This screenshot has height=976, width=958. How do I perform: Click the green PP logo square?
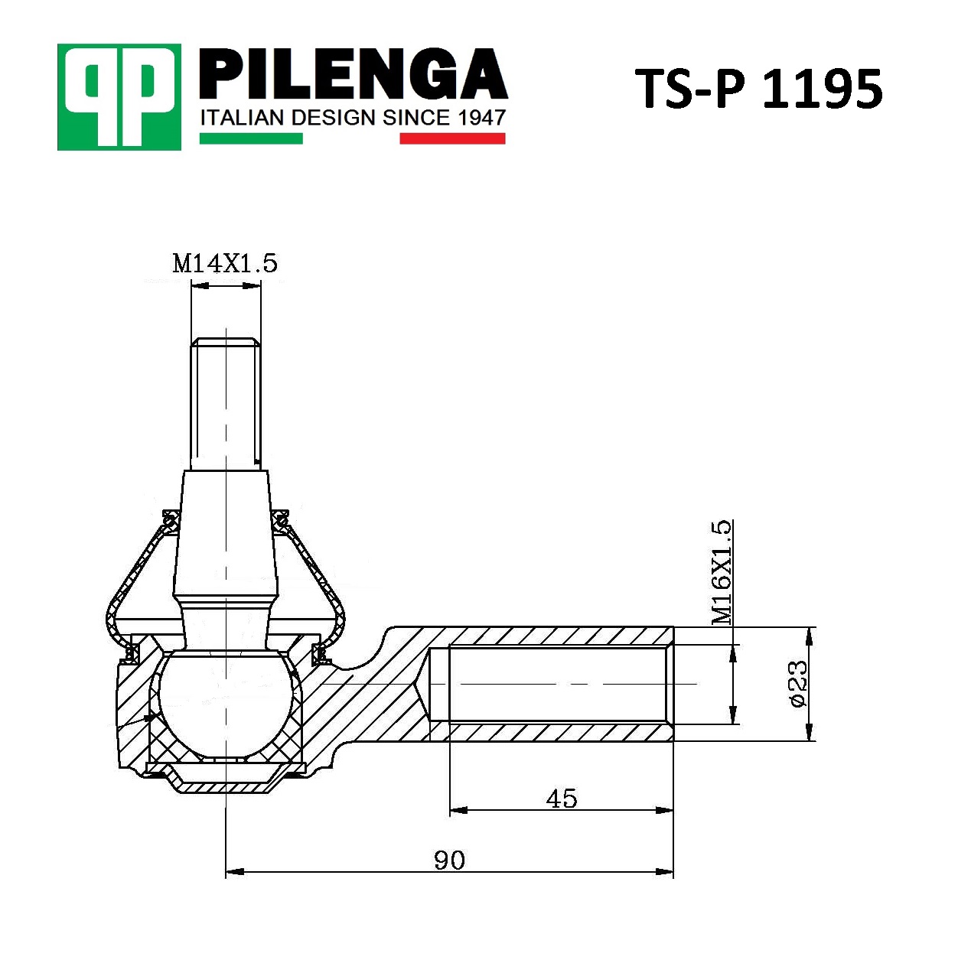[119, 96]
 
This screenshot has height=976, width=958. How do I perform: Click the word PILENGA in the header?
[354, 73]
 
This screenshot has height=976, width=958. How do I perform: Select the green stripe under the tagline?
[251, 138]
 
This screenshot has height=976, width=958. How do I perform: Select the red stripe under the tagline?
[453, 138]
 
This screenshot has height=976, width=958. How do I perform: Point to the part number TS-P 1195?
[759, 89]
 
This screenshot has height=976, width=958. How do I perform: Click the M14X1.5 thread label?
[225, 263]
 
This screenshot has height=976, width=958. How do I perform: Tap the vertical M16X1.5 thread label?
[722, 572]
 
